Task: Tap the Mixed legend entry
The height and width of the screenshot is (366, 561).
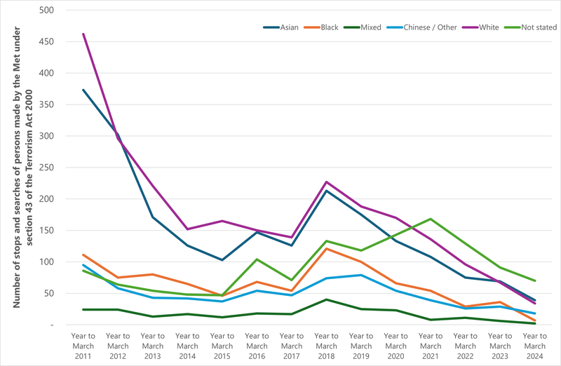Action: coord(370,27)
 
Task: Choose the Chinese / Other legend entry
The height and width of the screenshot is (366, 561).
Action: coord(428,27)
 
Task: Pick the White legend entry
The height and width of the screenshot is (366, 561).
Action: coord(489,27)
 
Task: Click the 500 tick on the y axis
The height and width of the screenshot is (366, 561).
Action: coord(50,11)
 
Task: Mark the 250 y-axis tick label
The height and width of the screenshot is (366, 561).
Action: coord(50,168)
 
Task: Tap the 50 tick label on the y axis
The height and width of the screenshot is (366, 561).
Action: coord(52,293)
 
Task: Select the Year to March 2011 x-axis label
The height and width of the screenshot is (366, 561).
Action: coord(83,346)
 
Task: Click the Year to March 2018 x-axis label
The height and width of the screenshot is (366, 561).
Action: coord(327,346)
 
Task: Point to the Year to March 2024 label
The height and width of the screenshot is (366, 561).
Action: coord(535,346)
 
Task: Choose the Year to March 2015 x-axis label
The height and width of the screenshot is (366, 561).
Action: coord(222,346)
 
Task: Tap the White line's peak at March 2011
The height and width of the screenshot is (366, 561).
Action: coord(83,34)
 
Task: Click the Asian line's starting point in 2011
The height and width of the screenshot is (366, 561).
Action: coord(83,90)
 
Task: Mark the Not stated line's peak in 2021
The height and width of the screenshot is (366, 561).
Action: coord(431,219)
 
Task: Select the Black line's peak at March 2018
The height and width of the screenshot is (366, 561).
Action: coord(327,248)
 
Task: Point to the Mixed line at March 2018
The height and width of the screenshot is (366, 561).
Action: coord(327,299)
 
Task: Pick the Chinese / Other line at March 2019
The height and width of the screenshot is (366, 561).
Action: coord(361,275)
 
